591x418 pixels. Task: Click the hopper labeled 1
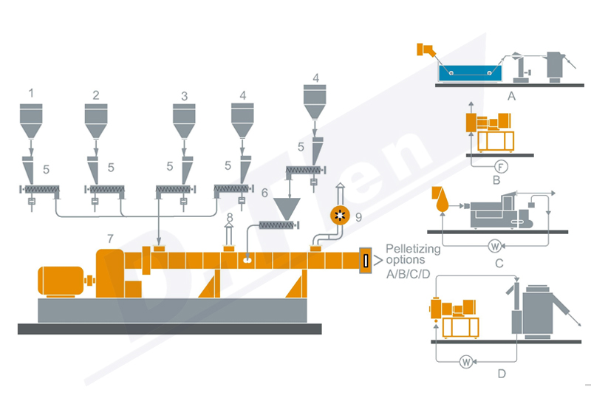31,121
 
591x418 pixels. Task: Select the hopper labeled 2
96,121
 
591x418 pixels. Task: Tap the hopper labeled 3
185,121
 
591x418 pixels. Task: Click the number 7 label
110,239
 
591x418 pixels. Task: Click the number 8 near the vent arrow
230,216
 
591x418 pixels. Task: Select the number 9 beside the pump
359,217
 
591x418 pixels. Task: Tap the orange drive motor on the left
64,280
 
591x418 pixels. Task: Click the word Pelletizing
413,250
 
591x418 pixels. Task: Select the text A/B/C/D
413,273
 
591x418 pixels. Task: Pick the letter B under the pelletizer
496,179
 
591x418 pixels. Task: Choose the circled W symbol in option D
465,361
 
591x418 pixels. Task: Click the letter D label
502,374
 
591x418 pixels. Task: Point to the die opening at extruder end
365,260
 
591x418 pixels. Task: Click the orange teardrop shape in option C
443,200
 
